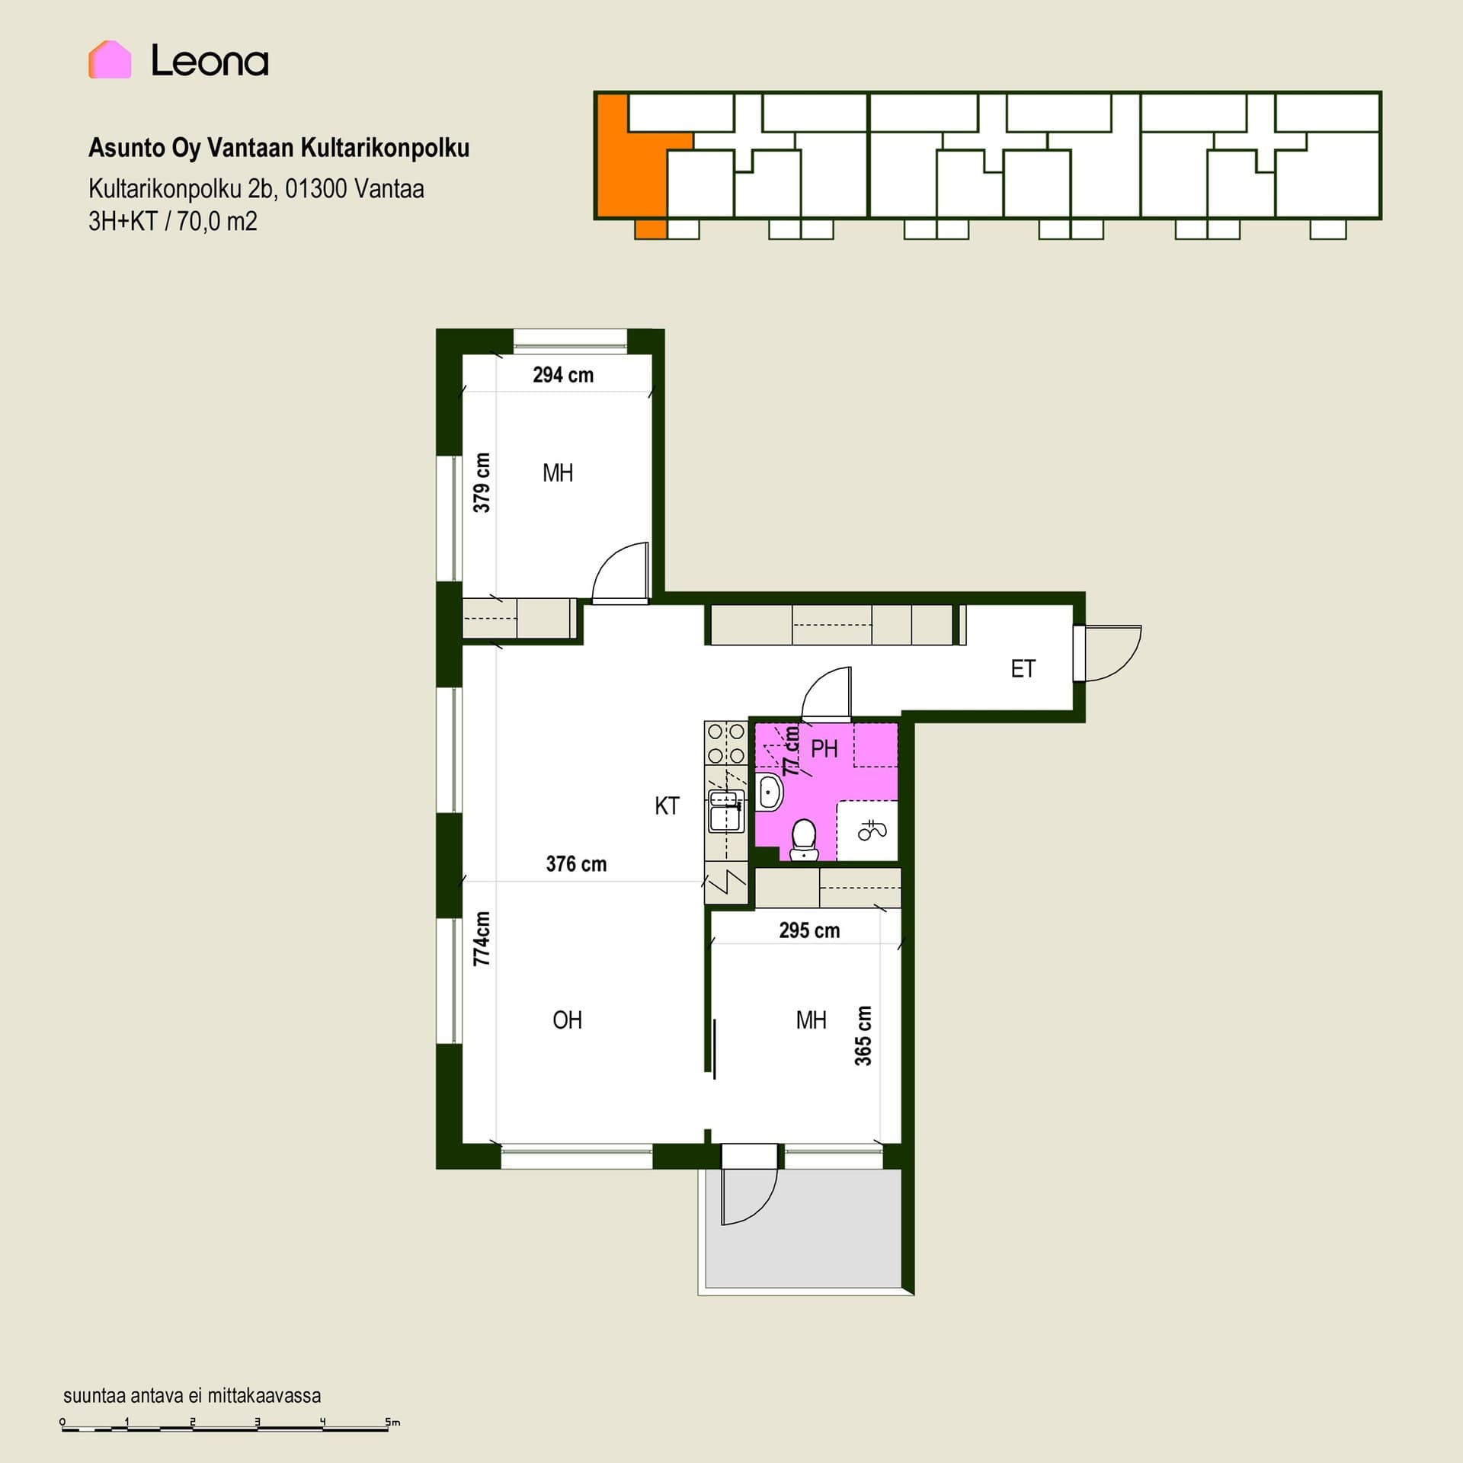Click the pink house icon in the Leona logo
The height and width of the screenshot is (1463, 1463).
(x=110, y=59)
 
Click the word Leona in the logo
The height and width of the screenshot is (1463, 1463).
(x=210, y=60)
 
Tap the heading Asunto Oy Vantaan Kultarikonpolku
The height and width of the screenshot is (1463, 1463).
(x=279, y=148)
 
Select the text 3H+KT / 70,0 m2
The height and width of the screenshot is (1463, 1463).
(x=173, y=222)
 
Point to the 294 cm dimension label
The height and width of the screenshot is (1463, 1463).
(x=563, y=375)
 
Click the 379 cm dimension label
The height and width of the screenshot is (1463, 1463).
(x=482, y=482)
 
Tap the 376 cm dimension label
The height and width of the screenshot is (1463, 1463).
(x=576, y=864)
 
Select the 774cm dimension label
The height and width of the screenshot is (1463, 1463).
(x=482, y=939)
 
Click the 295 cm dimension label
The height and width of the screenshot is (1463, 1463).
(x=809, y=930)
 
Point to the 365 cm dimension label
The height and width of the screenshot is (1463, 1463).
(x=863, y=1036)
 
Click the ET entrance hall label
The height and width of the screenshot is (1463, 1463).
(x=1023, y=669)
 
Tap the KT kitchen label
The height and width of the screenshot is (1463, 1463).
(x=667, y=806)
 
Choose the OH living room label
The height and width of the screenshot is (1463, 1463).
(x=567, y=1020)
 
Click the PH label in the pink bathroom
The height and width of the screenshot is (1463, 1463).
(x=824, y=749)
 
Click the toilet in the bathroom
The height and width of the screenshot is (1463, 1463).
(x=803, y=840)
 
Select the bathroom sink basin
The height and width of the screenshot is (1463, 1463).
(x=770, y=792)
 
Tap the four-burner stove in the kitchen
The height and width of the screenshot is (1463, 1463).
(x=726, y=744)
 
